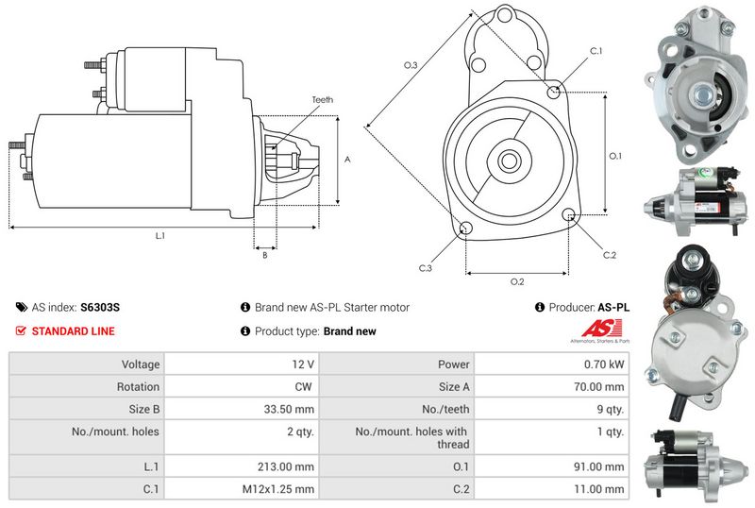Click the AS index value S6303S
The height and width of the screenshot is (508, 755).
tap(100, 307)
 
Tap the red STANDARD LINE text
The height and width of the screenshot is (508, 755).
tap(74, 331)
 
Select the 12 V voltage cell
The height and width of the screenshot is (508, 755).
tap(303, 364)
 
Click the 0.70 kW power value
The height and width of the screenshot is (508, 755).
tap(604, 364)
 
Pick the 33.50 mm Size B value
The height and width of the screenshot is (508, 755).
tap(289, 409)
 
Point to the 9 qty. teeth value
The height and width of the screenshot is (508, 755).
tap(610, 409)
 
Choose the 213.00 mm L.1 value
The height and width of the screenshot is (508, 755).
tap(286, 466)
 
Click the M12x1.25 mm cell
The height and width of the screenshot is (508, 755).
tap(278, 489)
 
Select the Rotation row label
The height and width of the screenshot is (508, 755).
tap(138, 386)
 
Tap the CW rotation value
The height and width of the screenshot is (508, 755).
tap(303, 386)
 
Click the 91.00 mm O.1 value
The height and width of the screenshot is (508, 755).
tap(599, 466)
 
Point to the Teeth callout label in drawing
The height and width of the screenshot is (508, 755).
tap(322, 99)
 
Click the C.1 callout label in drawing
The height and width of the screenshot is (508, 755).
tap(596, 51)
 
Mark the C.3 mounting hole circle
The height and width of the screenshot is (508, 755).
tap(465, 229)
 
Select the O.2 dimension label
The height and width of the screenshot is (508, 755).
tap(517, 281)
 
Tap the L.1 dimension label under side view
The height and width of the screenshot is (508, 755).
tap(160, 236)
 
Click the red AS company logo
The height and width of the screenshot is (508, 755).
tap(602, 329)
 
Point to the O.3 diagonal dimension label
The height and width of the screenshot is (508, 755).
tap(411, 64)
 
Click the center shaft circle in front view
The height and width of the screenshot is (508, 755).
tap(509, 160)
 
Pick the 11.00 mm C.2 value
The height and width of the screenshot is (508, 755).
tap(599, 489)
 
